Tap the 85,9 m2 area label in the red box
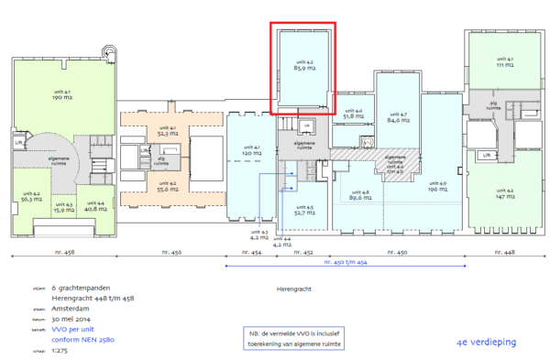(x=305, y=68)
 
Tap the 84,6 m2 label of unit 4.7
(x=398, y=119)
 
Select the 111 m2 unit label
(x=504, y=66)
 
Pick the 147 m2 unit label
(x=504, y=196)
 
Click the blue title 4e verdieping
(x=486, y=342)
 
